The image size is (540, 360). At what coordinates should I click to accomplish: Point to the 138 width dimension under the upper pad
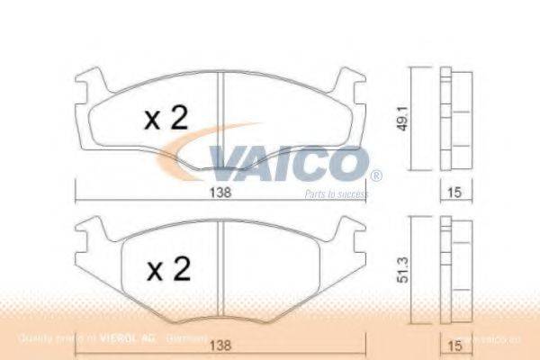pos(220,193)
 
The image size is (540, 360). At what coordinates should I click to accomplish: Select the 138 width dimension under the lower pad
pos(220,342)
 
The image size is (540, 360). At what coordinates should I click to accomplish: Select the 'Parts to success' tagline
pos(335,193)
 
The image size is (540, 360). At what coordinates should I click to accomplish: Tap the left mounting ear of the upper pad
pos(86,86)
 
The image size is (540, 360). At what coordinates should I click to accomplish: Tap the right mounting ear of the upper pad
pos(355,86)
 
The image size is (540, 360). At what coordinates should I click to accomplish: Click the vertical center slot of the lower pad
pos(221,270)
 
